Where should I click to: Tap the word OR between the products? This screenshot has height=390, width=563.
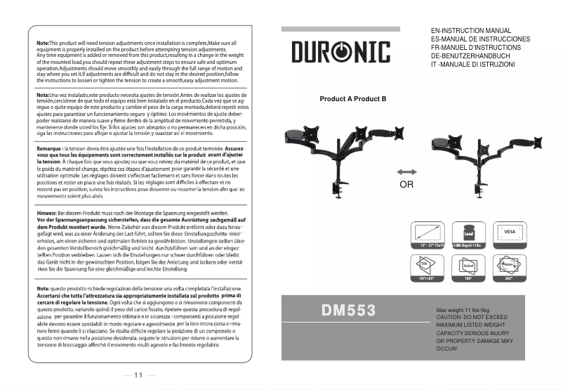click(x=406, y=186)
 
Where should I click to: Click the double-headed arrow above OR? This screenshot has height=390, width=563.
click(x=406, y=172)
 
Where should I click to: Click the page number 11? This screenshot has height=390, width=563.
click(x=138, y=375)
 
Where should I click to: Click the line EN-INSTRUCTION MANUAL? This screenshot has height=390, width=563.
click(x=470, y=32)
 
